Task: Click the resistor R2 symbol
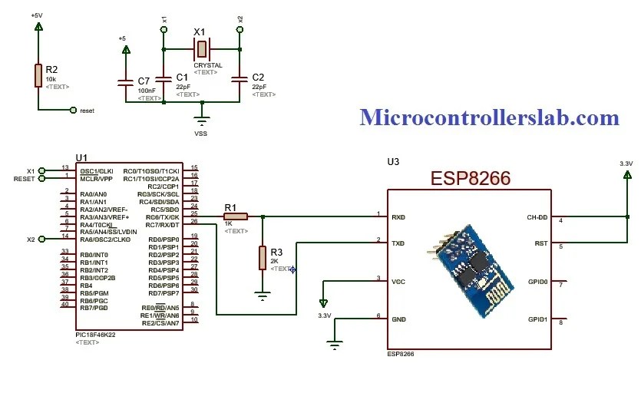click(x=38, y=75)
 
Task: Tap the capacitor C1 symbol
click(x=164, y=78)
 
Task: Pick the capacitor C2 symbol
click(x=240, y=78)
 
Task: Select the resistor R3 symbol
click(x=263, y=257)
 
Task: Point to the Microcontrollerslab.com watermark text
click(x=489, y=117)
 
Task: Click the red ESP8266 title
click(x=471, y=179)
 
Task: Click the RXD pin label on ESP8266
click(x=399, y=217)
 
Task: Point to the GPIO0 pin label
click(x=537, y=282)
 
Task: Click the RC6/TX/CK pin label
click(x=163, y=216)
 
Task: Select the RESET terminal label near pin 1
click(x=25, y=179)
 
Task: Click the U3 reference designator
click(x=393, y=162)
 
